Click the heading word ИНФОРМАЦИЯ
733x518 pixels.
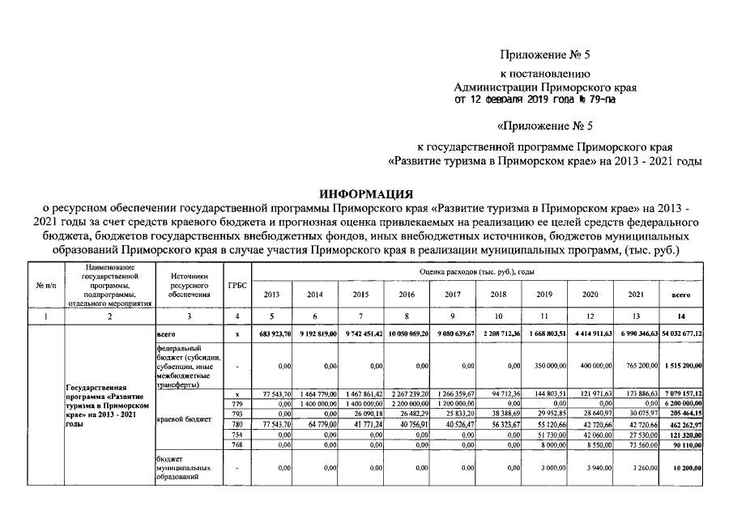coord(366,195)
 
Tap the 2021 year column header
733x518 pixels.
coord(637,295)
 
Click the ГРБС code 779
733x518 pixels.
coord(237,402)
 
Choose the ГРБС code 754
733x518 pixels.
coord(237,434)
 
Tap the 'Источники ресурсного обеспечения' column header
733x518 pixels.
coord(189,286)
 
